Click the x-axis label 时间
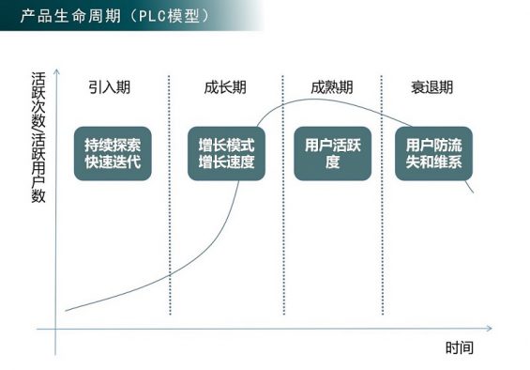(459, 347)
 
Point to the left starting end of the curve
(66, 311)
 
